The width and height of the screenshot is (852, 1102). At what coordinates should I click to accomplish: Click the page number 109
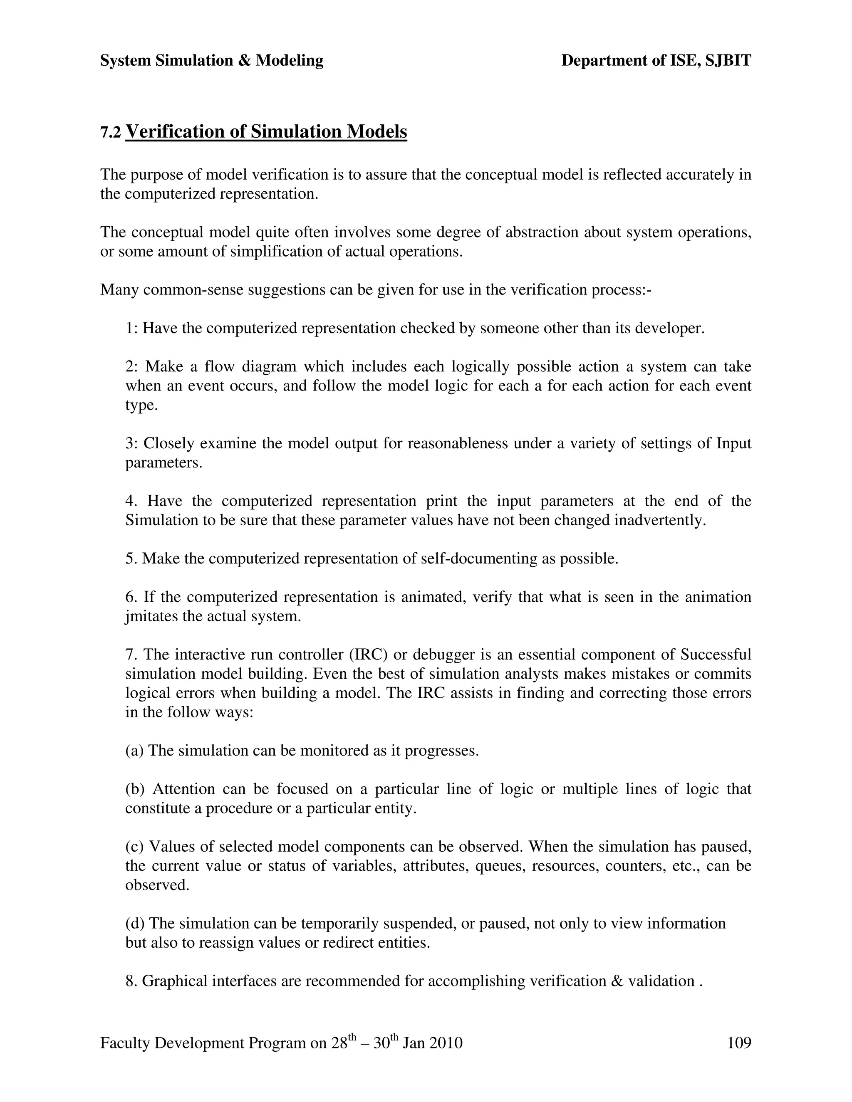pyautogui.click(x=739, y=1043)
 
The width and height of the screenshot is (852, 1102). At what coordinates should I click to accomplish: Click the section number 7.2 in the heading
pyautogui.click(x=111, y=133)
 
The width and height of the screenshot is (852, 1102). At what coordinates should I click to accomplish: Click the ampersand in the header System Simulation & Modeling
pyautogui.click(x=244, y=61)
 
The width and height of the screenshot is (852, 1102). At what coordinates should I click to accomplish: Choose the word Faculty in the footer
pyautogui.click(x=125, y=1043)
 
